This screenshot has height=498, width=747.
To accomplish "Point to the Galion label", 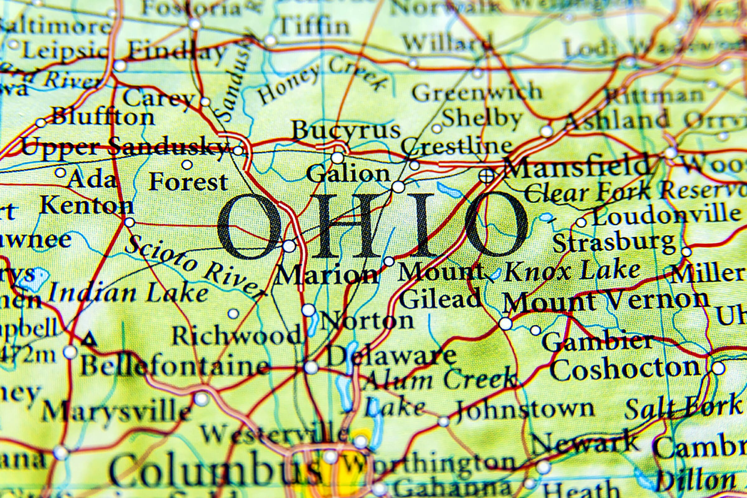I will point(348,174).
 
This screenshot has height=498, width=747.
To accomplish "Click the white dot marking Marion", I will point(289,246).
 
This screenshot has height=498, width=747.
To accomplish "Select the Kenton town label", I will point(87,205).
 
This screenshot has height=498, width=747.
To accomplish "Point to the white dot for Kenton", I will point(129,222).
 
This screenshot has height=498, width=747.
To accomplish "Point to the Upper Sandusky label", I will point(124,147).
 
